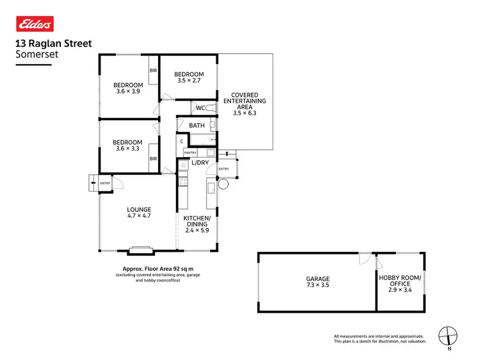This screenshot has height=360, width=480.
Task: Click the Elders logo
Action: click(33, 24)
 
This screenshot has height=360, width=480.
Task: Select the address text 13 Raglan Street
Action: click(53, 44)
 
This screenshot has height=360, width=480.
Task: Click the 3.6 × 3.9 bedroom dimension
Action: click(128, 92)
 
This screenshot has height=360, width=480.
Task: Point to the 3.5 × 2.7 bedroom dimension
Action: click(188, 81)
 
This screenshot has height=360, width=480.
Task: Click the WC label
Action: click(200, 108)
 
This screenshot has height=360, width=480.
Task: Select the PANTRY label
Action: click(191, 152)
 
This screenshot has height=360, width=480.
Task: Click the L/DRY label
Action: click(200, 163)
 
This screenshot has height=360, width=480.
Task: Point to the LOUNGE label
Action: click(139, 209)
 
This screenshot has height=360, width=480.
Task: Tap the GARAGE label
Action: click(317, 279)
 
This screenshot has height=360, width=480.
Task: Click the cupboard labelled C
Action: click(182, 141)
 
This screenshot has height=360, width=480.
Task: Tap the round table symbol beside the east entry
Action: click(223, 184)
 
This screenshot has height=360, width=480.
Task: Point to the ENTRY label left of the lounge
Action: click(105, 184)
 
